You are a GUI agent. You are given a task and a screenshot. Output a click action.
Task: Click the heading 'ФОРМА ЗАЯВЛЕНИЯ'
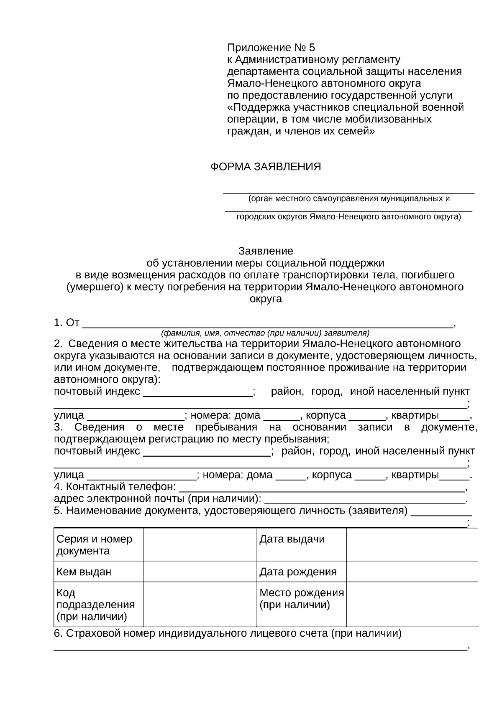pos(265,167)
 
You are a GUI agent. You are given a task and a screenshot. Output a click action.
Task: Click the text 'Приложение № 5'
pos(271,48)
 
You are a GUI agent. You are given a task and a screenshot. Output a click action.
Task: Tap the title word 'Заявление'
pos(266,251)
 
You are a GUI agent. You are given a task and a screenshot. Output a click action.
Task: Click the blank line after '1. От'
pos(268,323)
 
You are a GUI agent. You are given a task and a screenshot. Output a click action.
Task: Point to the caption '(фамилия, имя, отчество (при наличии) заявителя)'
pos(265,333)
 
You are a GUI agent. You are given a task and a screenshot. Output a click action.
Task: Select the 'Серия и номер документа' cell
pos(98,545)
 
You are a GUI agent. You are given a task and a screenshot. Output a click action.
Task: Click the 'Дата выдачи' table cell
pos(301,540)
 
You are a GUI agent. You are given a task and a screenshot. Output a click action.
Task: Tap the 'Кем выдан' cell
pos(98,572)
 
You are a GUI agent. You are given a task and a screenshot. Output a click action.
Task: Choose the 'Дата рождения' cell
pos(301,572)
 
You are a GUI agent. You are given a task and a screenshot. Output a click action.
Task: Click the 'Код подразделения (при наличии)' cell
pos(98,605)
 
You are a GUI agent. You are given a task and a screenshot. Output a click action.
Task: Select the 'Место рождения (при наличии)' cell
pos(301,599)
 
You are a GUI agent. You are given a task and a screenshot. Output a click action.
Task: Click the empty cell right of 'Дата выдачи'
pos(412,545)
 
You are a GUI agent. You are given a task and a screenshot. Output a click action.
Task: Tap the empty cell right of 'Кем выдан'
pos(200,572)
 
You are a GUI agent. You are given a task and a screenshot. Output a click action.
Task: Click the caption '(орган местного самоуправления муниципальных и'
pos(349,198)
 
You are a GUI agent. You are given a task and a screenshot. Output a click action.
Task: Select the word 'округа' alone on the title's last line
pos(266,299)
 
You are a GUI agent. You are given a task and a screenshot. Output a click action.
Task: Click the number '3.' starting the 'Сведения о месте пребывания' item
pos(58,427)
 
